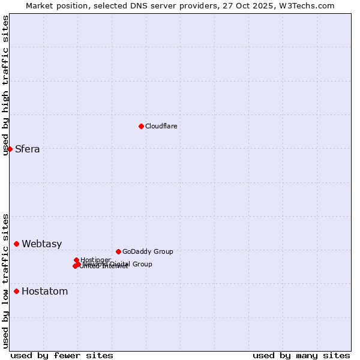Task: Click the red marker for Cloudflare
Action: point(141,126)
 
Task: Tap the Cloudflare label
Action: point(161,126)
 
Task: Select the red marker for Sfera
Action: point(10,149)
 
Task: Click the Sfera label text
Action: point(27,149)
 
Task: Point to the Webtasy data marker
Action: point(17,244)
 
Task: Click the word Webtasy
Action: point(41,244)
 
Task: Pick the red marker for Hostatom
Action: point(17,291)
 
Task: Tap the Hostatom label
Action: point(44,292)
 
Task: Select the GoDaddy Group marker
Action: point(118,251)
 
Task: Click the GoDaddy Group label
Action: point(147,251)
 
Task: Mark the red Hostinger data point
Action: point(77,260)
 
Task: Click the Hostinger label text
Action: point(95,260)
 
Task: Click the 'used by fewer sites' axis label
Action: point(62,355)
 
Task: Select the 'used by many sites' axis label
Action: point(301,355)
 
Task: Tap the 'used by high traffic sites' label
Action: point(6,85)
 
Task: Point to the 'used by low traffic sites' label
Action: point(6,281)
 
